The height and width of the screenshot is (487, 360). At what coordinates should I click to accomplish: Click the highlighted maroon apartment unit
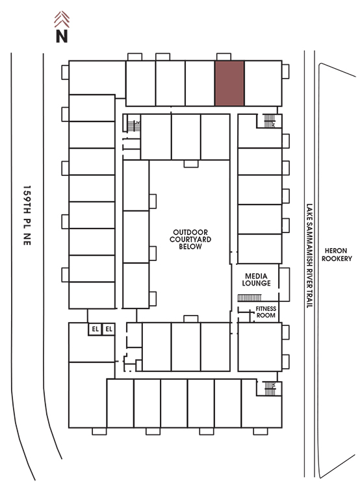[x=229, y=83]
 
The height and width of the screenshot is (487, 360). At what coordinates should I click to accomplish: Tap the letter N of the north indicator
[x=62, y=36]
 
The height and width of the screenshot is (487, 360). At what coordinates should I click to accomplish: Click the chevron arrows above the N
[x=62, y=19]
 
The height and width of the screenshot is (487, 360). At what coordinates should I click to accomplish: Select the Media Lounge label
[x=256, y=279]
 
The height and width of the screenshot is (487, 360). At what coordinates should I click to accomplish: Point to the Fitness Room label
[x=266, y=312]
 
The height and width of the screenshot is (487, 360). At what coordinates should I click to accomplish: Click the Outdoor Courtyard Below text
[x=190, y=239]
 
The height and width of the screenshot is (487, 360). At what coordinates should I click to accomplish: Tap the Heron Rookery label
[x=337, y=255]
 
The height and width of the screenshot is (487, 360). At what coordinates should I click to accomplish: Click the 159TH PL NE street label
[x=27, y=215]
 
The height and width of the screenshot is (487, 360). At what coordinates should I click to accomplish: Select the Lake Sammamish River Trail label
[x=309, y=256]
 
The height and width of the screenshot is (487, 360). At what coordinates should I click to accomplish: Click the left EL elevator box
[x=95, y=329]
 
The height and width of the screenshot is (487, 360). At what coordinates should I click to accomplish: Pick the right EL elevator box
[x=109, y=329]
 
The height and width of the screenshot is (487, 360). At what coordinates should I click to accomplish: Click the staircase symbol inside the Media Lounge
[x=250, y=298]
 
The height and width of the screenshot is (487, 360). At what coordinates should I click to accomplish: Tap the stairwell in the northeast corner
[x=270, y=121]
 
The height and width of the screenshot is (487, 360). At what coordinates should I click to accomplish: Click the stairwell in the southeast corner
[x=270, y=388]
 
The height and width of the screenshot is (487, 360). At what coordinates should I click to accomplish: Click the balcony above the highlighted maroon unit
[x=224, y=56]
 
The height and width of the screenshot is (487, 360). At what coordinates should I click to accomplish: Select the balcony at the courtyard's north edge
[x=191, y=164]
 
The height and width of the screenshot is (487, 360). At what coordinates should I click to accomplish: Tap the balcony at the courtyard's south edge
[x=191, y=319]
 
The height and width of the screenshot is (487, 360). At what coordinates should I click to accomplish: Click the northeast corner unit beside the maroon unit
[x=263, y=83]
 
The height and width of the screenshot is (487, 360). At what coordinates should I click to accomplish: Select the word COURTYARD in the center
[x=190, y=239]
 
